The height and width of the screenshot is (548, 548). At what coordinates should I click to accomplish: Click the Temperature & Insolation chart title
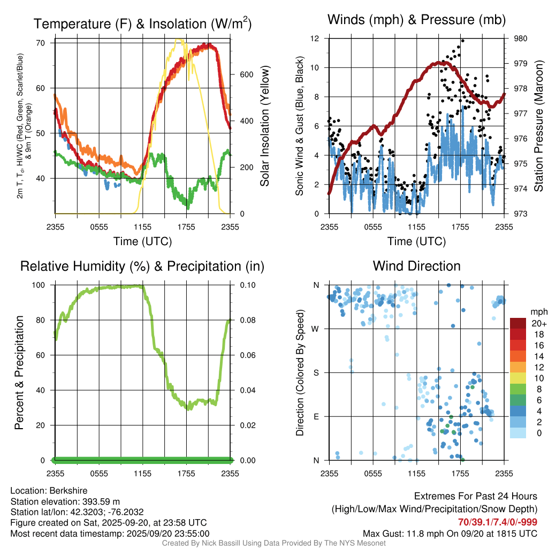coord(142,24)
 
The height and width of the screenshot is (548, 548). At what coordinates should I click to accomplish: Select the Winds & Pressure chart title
coord(416,20)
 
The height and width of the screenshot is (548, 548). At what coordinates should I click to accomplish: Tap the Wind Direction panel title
coord(416,266)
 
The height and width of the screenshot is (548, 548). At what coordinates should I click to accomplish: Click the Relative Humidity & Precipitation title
coord(142,266)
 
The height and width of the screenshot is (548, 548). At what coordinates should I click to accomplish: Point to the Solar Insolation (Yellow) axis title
coord(264,126)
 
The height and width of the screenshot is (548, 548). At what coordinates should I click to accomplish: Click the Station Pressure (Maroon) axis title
coord(539,126)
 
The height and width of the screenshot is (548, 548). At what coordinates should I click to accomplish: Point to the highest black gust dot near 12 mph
coord(462,41)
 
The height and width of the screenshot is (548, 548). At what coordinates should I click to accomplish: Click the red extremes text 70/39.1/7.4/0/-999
coord(498,522)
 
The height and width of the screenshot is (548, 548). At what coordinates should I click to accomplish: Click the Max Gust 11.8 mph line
coord(450,534)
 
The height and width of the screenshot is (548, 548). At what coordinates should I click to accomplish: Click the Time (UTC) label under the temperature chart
coord(142,241)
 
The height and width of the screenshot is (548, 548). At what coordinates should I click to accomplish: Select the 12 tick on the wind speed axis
coord(316,39)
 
